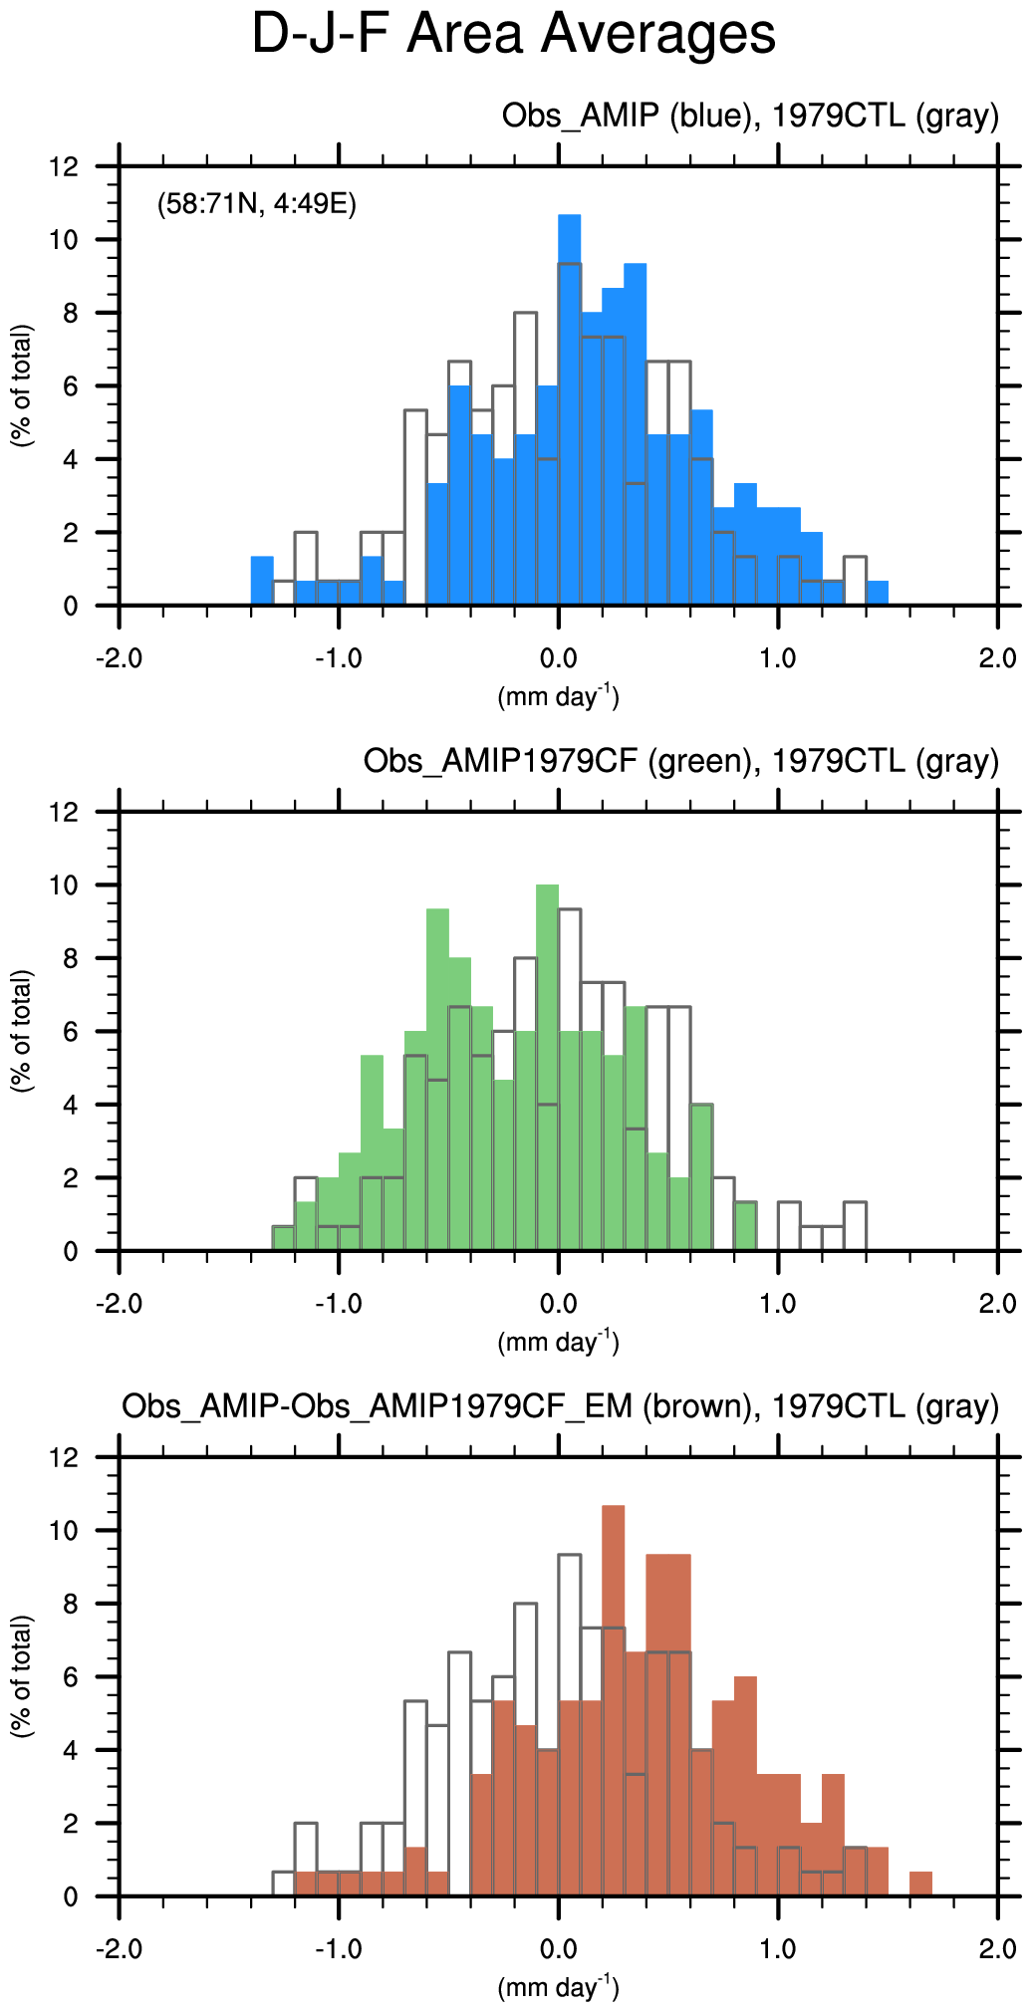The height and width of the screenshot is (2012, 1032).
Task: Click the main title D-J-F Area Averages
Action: tap(513, 34)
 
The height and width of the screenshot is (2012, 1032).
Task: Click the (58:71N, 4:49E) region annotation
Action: tap(257, 205)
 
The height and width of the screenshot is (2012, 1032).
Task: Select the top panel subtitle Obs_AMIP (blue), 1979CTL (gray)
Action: tap(749, 117)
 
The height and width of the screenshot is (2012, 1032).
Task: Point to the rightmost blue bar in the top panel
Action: tap(877, 593)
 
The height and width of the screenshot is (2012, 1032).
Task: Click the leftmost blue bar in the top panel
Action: tap(262, 581)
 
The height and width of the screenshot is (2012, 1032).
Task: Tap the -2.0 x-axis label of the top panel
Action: tap(120, 658)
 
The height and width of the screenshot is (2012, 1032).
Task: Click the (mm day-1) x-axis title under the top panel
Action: tap(558, 696)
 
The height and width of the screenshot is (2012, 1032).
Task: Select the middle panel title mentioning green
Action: tap(680, 762)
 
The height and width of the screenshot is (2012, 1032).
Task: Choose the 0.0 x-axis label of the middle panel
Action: tap(558, 1304)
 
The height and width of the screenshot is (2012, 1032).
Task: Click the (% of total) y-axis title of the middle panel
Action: tap(22, 1031)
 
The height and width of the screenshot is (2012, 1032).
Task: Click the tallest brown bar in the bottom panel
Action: tap(613, 1698)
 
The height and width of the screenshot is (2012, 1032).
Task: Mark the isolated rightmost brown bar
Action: tap(920, 1884)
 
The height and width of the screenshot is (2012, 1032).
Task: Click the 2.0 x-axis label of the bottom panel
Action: tap(997, 1949)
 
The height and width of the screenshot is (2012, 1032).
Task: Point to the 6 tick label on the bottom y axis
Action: tap(70, 1677)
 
